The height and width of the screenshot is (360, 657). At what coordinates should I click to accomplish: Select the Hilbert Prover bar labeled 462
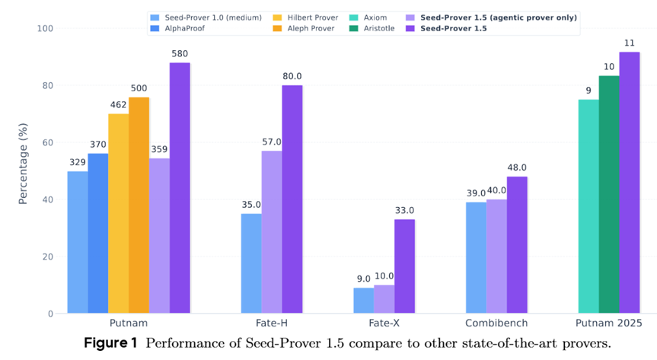[x=118, y=213]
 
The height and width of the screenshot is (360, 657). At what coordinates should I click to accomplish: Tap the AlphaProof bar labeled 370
[x=97, y=233]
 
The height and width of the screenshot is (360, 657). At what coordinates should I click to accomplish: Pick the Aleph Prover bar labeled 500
[x=139, y=205]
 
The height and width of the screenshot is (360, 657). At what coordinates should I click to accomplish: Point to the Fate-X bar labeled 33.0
[x=404, y=266]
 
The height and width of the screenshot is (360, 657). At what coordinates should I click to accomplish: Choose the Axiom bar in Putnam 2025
[x=588, y=206]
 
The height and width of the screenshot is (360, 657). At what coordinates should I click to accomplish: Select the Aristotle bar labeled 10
[x=609, y=194]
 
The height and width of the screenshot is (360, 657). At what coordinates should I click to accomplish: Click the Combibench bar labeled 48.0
[x=517, y=244]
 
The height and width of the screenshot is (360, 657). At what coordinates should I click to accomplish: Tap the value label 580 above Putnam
[x=180, y=53]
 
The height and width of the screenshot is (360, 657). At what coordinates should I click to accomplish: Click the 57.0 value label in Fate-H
[x=272, y=142]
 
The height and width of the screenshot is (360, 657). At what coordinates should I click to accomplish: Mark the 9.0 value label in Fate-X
[x=364, y=279]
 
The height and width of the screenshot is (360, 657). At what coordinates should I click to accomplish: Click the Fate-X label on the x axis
[x=384, y=323]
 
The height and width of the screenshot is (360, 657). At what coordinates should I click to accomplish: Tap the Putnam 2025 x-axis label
[x=609, y=323]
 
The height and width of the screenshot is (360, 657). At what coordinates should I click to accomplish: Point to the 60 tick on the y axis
[x=50, y=142]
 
